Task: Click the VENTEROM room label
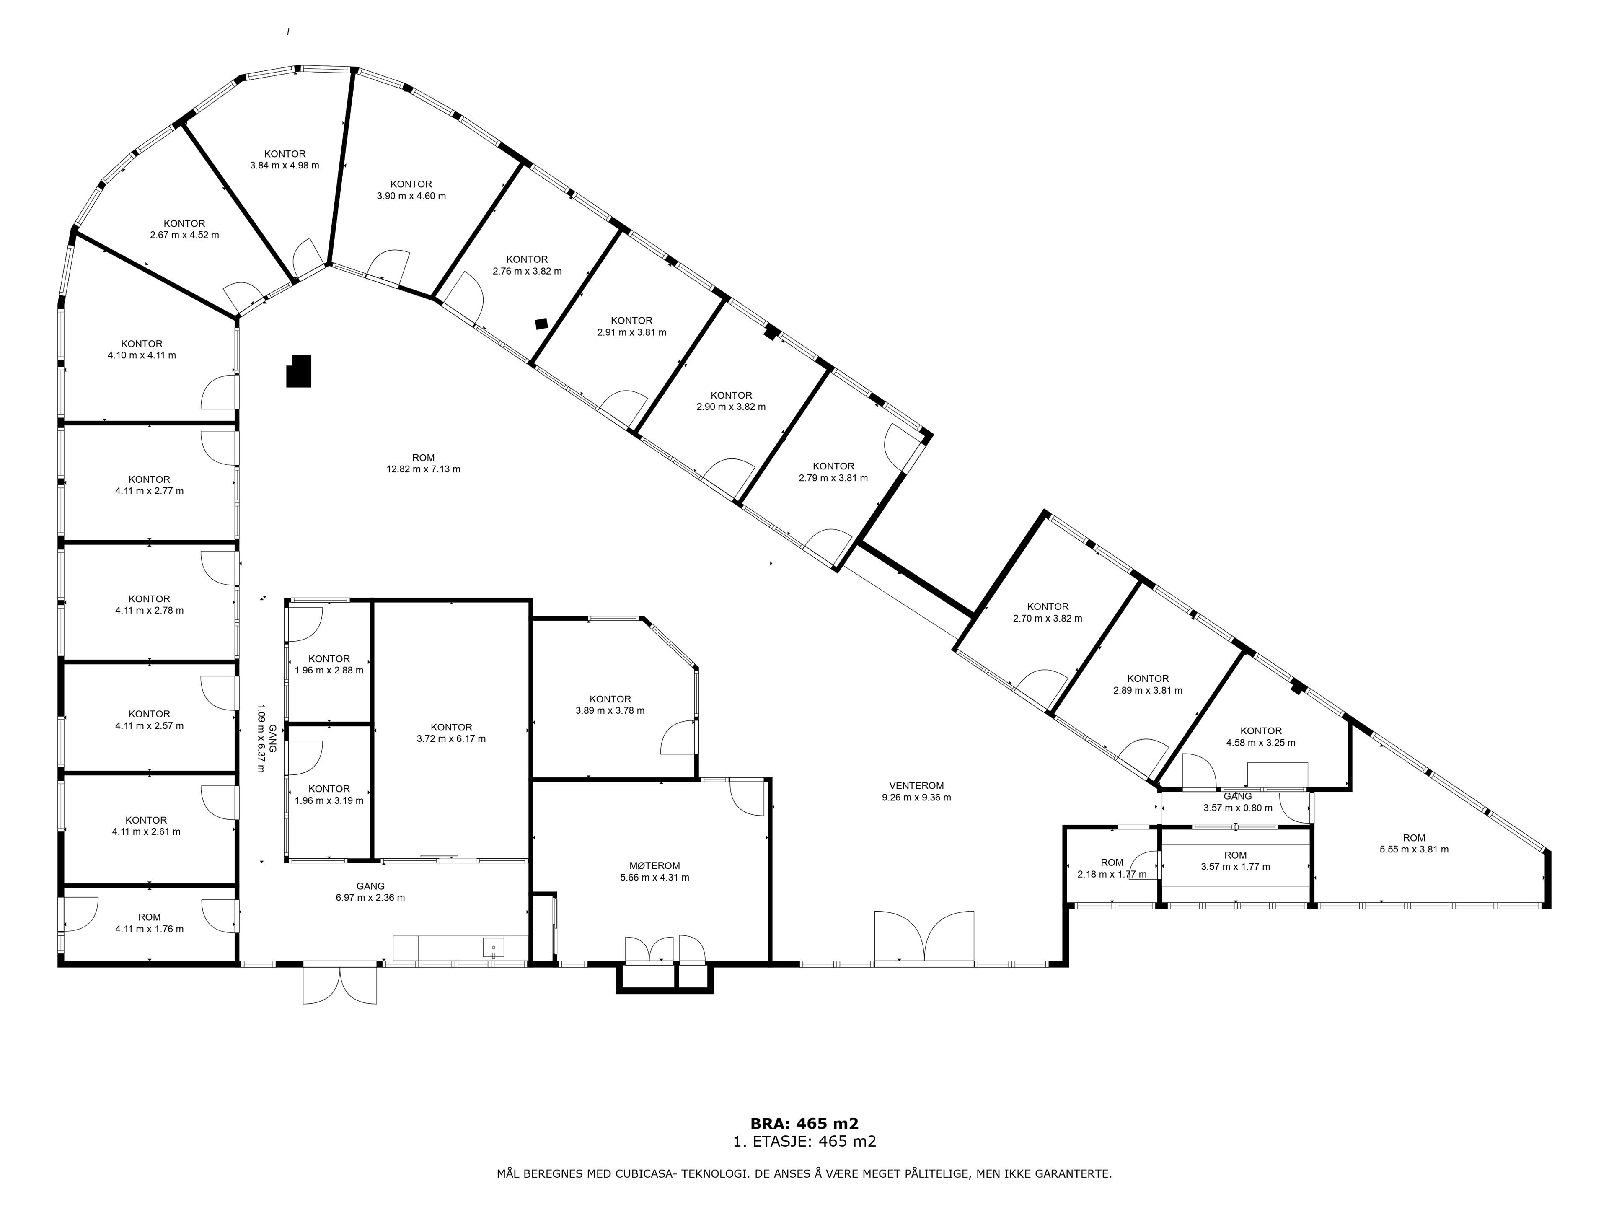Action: [916, 786]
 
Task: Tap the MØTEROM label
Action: [654, 866]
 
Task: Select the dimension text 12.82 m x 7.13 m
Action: [423, 469]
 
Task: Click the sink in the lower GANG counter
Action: [493, 947]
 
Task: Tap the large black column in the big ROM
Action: [299, 371]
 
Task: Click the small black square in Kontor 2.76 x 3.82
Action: [541, 324]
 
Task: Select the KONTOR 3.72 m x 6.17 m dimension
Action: [451, 738]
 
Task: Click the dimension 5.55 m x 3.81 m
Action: [1414, 849]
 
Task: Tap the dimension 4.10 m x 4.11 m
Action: [142, 356]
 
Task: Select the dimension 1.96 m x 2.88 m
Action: [329, 670]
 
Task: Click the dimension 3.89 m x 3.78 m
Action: [610, 711]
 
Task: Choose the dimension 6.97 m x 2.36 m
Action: [370, 898]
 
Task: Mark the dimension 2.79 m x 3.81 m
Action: [833, 478]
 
